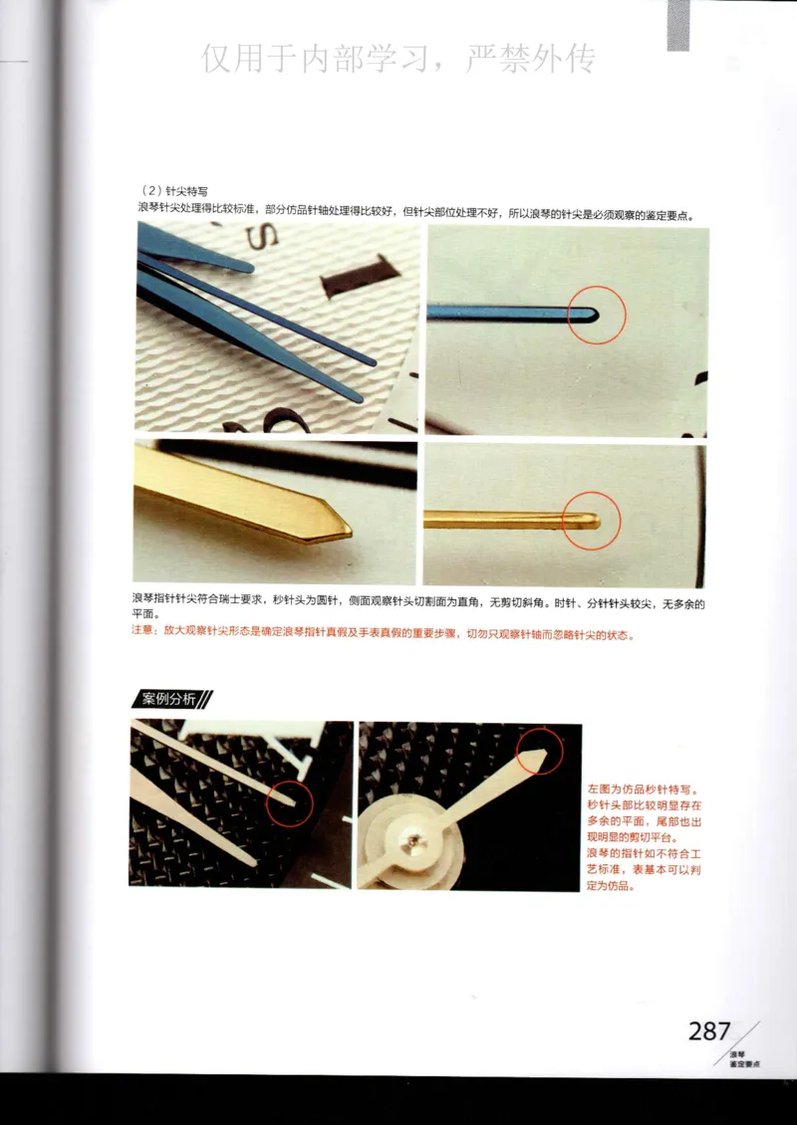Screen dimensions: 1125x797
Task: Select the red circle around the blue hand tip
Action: click(x=597, y=314)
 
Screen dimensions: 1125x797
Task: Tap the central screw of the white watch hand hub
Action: click(x=410, y=843)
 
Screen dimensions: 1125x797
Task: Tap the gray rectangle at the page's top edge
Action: click(x=677, y=24)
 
